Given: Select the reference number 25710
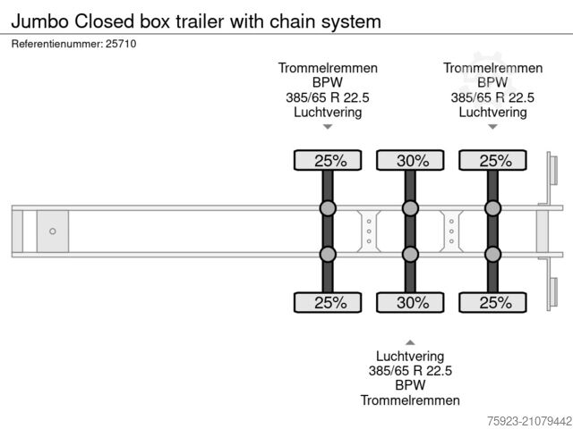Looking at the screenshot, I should tap(122, 43).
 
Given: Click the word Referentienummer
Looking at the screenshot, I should tap(56, 43).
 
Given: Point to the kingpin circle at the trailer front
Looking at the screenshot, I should tap(52, 231).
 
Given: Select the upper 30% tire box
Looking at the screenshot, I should tap(410, 161).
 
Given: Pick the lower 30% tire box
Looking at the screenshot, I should tap(410, 302).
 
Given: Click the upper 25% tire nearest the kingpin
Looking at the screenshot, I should tap(328, 161).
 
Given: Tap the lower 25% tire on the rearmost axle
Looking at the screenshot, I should tap(492, 302).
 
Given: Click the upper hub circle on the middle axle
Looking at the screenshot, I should tap(410, 209).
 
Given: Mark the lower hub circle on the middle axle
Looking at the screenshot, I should tap(410, 254).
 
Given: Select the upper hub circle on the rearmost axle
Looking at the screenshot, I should tap(492, 209).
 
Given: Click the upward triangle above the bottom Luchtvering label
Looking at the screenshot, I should tap(410, 341).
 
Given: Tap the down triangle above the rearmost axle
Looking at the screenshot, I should tap(492, 127).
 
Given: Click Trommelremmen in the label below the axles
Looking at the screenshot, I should tap(410, 400).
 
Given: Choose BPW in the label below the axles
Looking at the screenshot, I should tap(410, 384).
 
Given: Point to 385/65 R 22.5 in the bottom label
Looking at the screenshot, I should tap(410, 370).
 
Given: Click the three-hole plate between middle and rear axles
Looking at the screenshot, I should tap(451, 231).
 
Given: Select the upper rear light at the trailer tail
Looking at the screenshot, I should tap(553, 172).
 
